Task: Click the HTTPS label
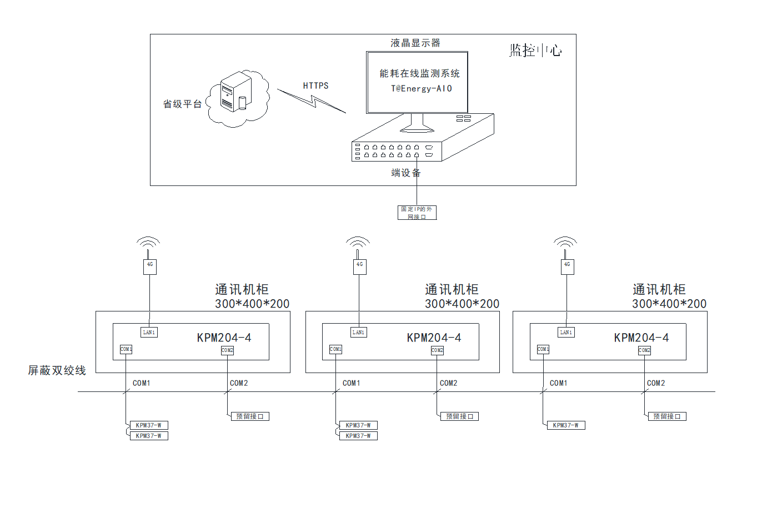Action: click(x=315, y=85)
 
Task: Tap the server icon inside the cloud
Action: click(x=235, y=92)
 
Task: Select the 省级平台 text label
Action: click(x=182, y=104)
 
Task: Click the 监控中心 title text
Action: click(x=535, y=51)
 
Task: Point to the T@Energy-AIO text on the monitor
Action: click(x=422, y=88)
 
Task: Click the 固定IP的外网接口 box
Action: click(x=417, y=213)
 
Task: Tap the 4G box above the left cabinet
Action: click(x=150, y=266)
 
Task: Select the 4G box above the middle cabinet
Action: click(x=359, y=266)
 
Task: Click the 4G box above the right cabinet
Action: click(x=567, y=266)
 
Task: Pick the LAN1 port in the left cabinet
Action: click(x=149, y=332)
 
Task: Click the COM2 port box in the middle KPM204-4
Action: click(x=437, y=350)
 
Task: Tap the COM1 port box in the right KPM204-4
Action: click(x=543, y=349)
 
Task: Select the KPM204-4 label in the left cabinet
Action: click(x=224, y=338)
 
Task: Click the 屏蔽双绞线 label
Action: click(x=57, y=370)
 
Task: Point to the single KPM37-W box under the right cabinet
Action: click(x=566, y=425)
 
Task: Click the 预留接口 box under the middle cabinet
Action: click(x=460, y=416)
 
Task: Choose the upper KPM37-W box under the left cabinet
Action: click(x=149, y=425)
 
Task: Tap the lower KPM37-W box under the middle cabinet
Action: click(x=359, y=436)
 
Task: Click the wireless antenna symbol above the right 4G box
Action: click(x=565, y=243)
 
